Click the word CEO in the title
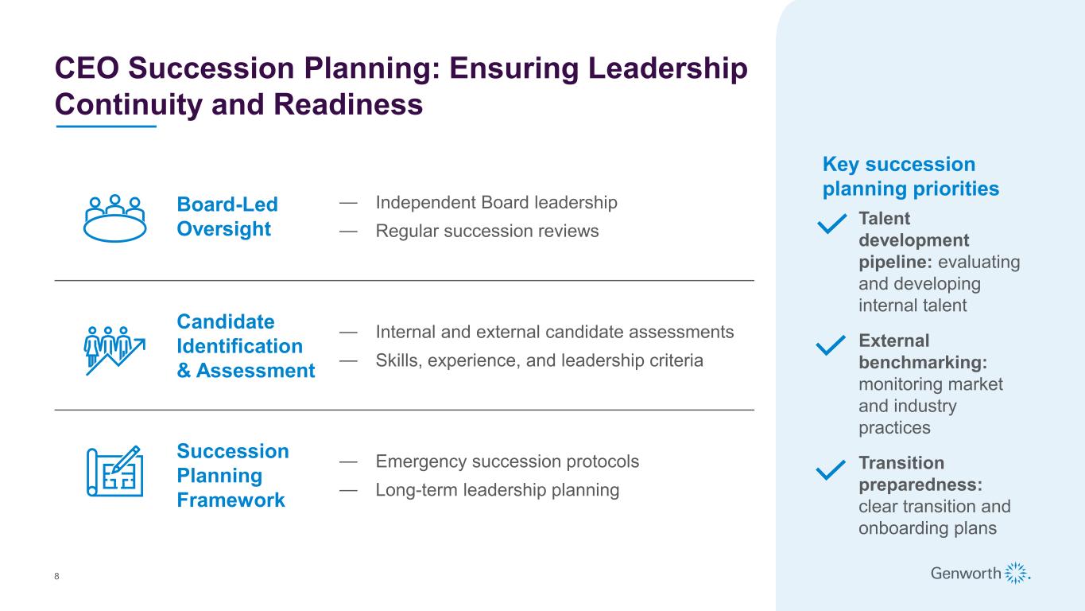point(87,68)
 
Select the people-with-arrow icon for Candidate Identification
point(114,350)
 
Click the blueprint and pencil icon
point(114,471)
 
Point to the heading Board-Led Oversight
point(227,216)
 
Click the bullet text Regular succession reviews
point(486,231)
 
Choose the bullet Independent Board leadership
point(497,202)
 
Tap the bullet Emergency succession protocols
point(507,461)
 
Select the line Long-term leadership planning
point(498,490)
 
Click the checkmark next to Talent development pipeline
point(831,224)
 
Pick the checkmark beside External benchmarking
point(831,344)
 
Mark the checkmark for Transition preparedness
point(831,470)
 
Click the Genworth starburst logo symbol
point(1017,573)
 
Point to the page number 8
point(56,576)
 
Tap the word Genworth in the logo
point(965,574)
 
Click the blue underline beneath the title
point(106,126)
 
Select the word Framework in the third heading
point(231,500)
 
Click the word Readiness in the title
point(348,104)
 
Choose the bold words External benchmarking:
point(923,352)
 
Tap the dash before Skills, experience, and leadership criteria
point(348,360)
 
